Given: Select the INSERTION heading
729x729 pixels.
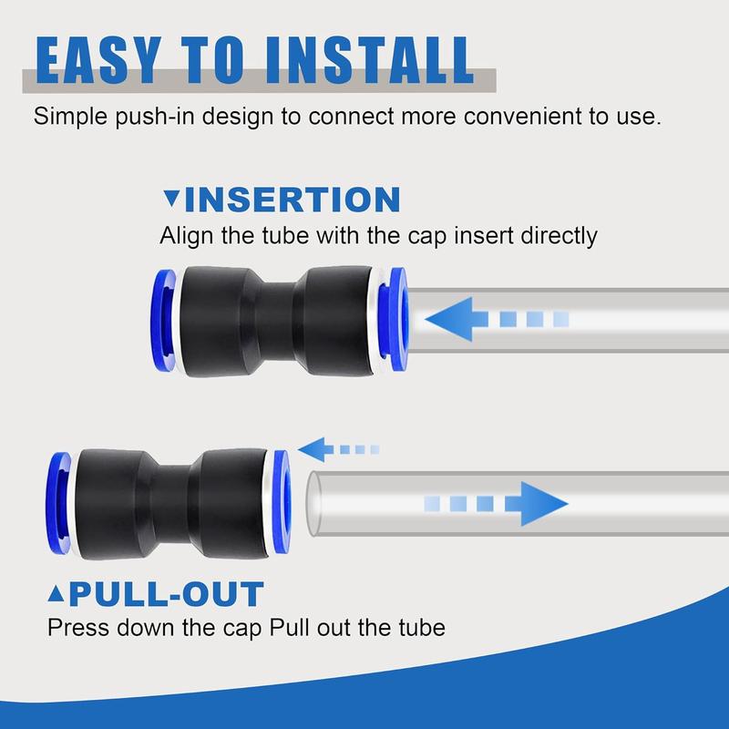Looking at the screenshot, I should tap(297, 200).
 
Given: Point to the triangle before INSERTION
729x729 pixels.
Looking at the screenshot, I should tap(170, 200).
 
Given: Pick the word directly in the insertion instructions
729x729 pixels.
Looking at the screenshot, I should tap(555, 236).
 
